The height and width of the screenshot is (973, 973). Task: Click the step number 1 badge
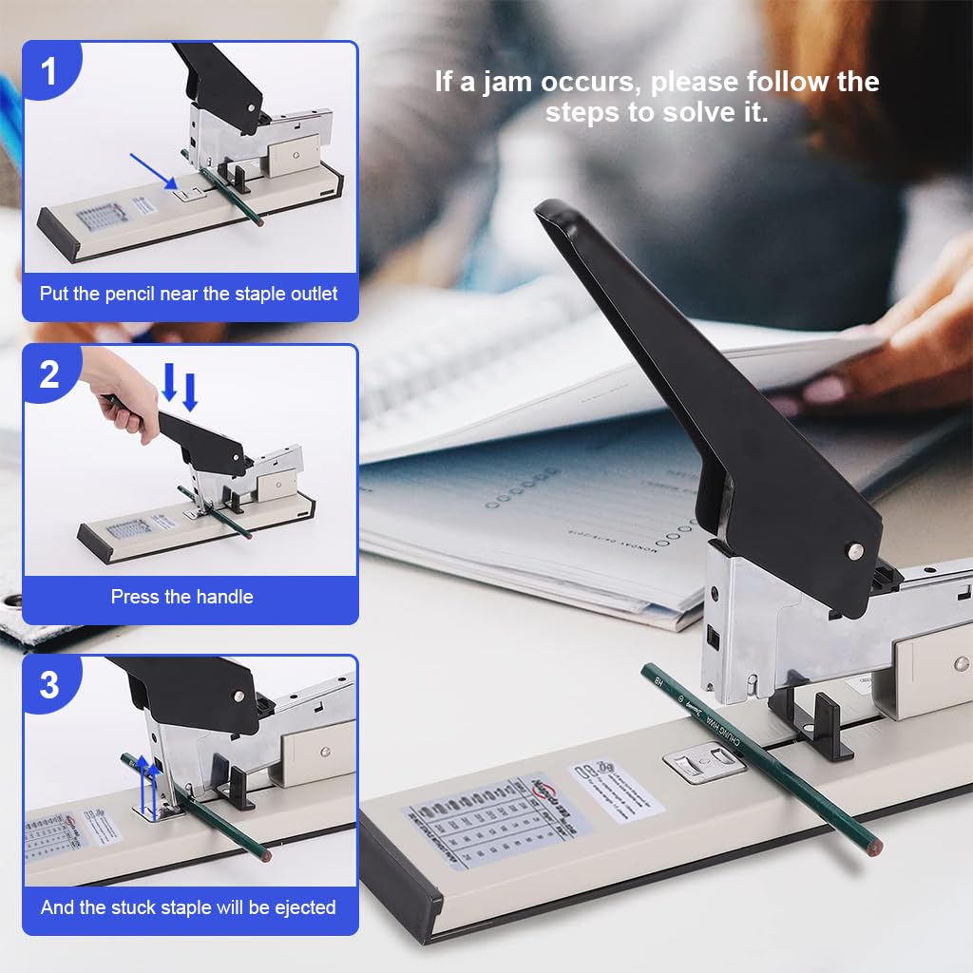48,71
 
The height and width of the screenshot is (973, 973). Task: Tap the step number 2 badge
48,374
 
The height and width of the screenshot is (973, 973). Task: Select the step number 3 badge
48,685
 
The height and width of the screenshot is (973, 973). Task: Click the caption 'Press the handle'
181,597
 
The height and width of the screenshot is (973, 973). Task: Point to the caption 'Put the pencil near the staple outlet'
188,294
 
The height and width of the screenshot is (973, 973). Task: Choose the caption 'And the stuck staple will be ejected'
188,907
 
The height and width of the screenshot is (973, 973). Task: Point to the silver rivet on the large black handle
855,549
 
